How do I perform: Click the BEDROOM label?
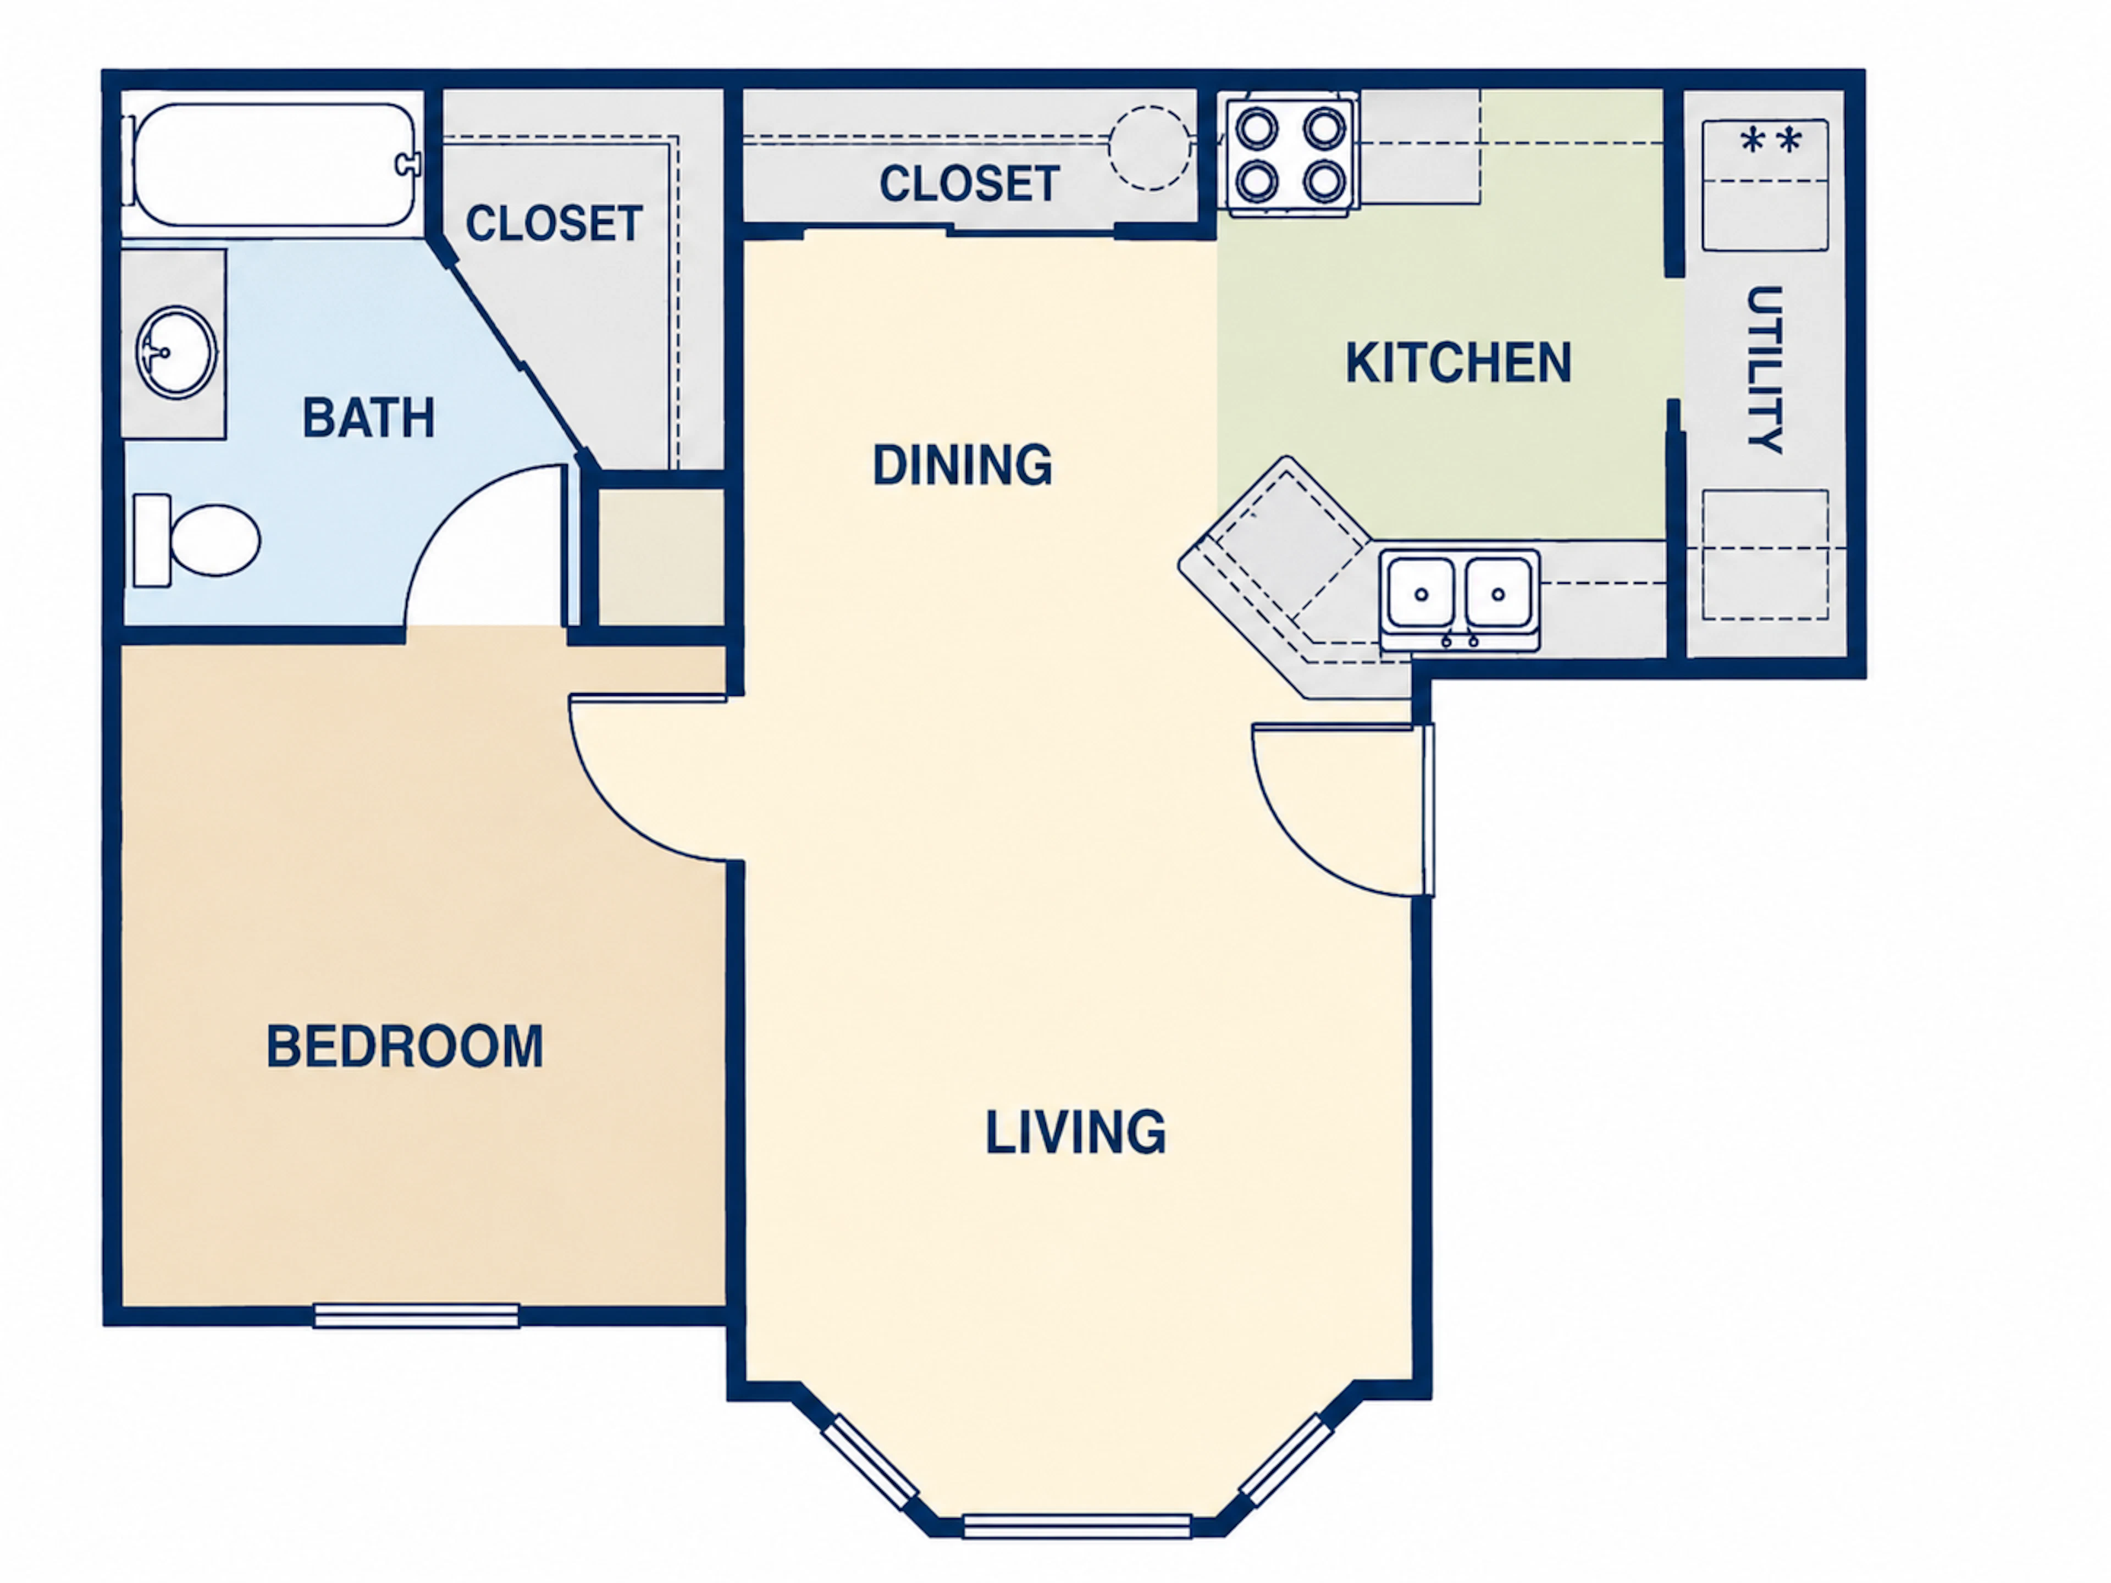pyautogui.click(x=405, y=1046)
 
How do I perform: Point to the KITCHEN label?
pyautogui.click(x=1458, y=363)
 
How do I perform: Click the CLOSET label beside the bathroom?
pyautogui.click(x=554, y=223)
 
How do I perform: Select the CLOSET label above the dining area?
pyautogui.click(x=970, y=183)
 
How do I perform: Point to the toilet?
pyautogui.click(x=197, y=540)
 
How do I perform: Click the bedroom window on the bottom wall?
pyautogui.click(x=417, y=1316)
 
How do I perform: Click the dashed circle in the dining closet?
pyautogui.click(x=1149, y=148)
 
